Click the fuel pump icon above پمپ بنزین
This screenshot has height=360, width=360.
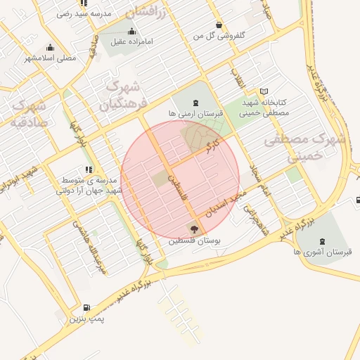point(86,307)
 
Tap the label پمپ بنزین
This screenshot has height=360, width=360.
point(86,319)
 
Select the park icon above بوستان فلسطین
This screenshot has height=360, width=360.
point(194,229)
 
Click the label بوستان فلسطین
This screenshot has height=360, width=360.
point(195,240)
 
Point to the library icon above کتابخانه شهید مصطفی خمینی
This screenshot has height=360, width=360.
point(264,91)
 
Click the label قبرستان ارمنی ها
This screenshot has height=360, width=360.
point(195,113)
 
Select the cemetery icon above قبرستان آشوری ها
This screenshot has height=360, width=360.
point(323,239)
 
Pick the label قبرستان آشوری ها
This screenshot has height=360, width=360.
point(323,251)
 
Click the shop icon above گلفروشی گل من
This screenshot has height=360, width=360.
point(221,23)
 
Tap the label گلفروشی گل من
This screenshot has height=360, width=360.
point(221,34)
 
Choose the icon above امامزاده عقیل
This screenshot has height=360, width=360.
point(131,31)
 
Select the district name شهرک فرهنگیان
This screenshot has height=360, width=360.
point(122,96)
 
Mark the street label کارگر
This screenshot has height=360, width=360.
point(209,147)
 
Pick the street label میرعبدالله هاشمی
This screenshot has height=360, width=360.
point(89,246)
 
